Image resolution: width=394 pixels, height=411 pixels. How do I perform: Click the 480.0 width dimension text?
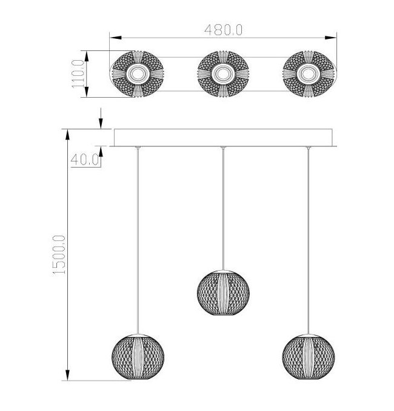pos(223,30)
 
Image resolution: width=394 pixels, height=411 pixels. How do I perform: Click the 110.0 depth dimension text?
pos(78,74)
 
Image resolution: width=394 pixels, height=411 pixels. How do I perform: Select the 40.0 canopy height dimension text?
pos(85,160)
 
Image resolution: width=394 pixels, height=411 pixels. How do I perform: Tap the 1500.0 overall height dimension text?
pos(59,255)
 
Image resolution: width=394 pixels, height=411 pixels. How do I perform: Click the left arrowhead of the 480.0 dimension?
pos(116,38)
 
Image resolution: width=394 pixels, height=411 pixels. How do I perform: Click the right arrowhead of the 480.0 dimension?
pos(330,38)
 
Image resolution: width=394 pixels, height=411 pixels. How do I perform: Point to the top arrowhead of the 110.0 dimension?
pos(87,56)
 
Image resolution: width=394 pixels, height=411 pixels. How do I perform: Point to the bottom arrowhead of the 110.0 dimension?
pos(87,92)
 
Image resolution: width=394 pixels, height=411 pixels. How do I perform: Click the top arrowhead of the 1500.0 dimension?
pos(67,135)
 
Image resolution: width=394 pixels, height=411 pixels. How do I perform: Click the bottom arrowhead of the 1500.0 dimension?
pos(67,375)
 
